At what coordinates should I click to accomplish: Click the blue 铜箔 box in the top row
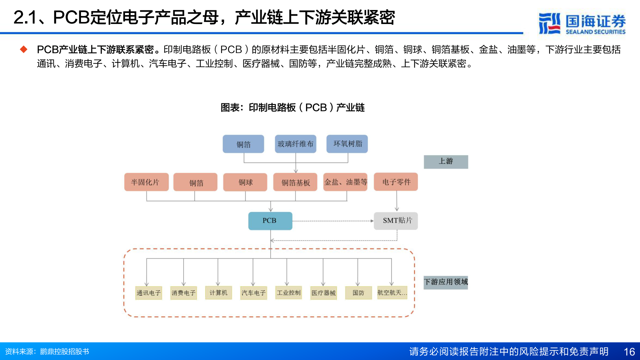click(x=243, y=144)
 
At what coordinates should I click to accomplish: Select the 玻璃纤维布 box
click(x=295, y=144)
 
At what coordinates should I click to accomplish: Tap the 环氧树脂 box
click(x=347, y=144)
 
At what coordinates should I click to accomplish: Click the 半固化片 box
click(x=146, y=182)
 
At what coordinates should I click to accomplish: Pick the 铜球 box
click(x=245, y=182)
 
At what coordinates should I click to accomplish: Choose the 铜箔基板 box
click(x=295, y=182)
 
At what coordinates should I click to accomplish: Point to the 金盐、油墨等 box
click(x=345, y=182)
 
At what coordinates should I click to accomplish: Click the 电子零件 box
click(x=396, y=182)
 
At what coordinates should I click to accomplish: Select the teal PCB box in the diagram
click(x=270, y=221)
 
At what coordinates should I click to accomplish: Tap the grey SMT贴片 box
click(x=396, y=221)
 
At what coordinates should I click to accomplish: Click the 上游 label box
click(x=446, y=162)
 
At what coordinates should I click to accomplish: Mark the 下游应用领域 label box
click(x=446, y=282)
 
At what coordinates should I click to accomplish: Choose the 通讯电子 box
click(x=149, y=293)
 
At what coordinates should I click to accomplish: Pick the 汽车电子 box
click(x=254, y=293)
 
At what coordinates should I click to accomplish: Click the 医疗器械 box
click(x=323, y=293)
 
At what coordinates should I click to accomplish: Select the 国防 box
click(x=358, y=293)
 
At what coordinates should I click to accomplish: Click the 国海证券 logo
click(x=582, y=24)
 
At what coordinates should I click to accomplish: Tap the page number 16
click(x=629, y=352)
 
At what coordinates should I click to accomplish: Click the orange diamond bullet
click(x=24, y=49)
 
